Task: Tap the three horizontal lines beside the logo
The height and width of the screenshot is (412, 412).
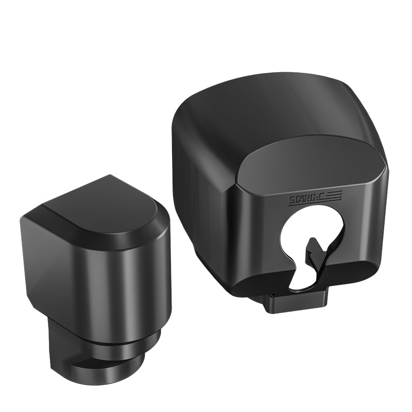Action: tap(335, 195)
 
